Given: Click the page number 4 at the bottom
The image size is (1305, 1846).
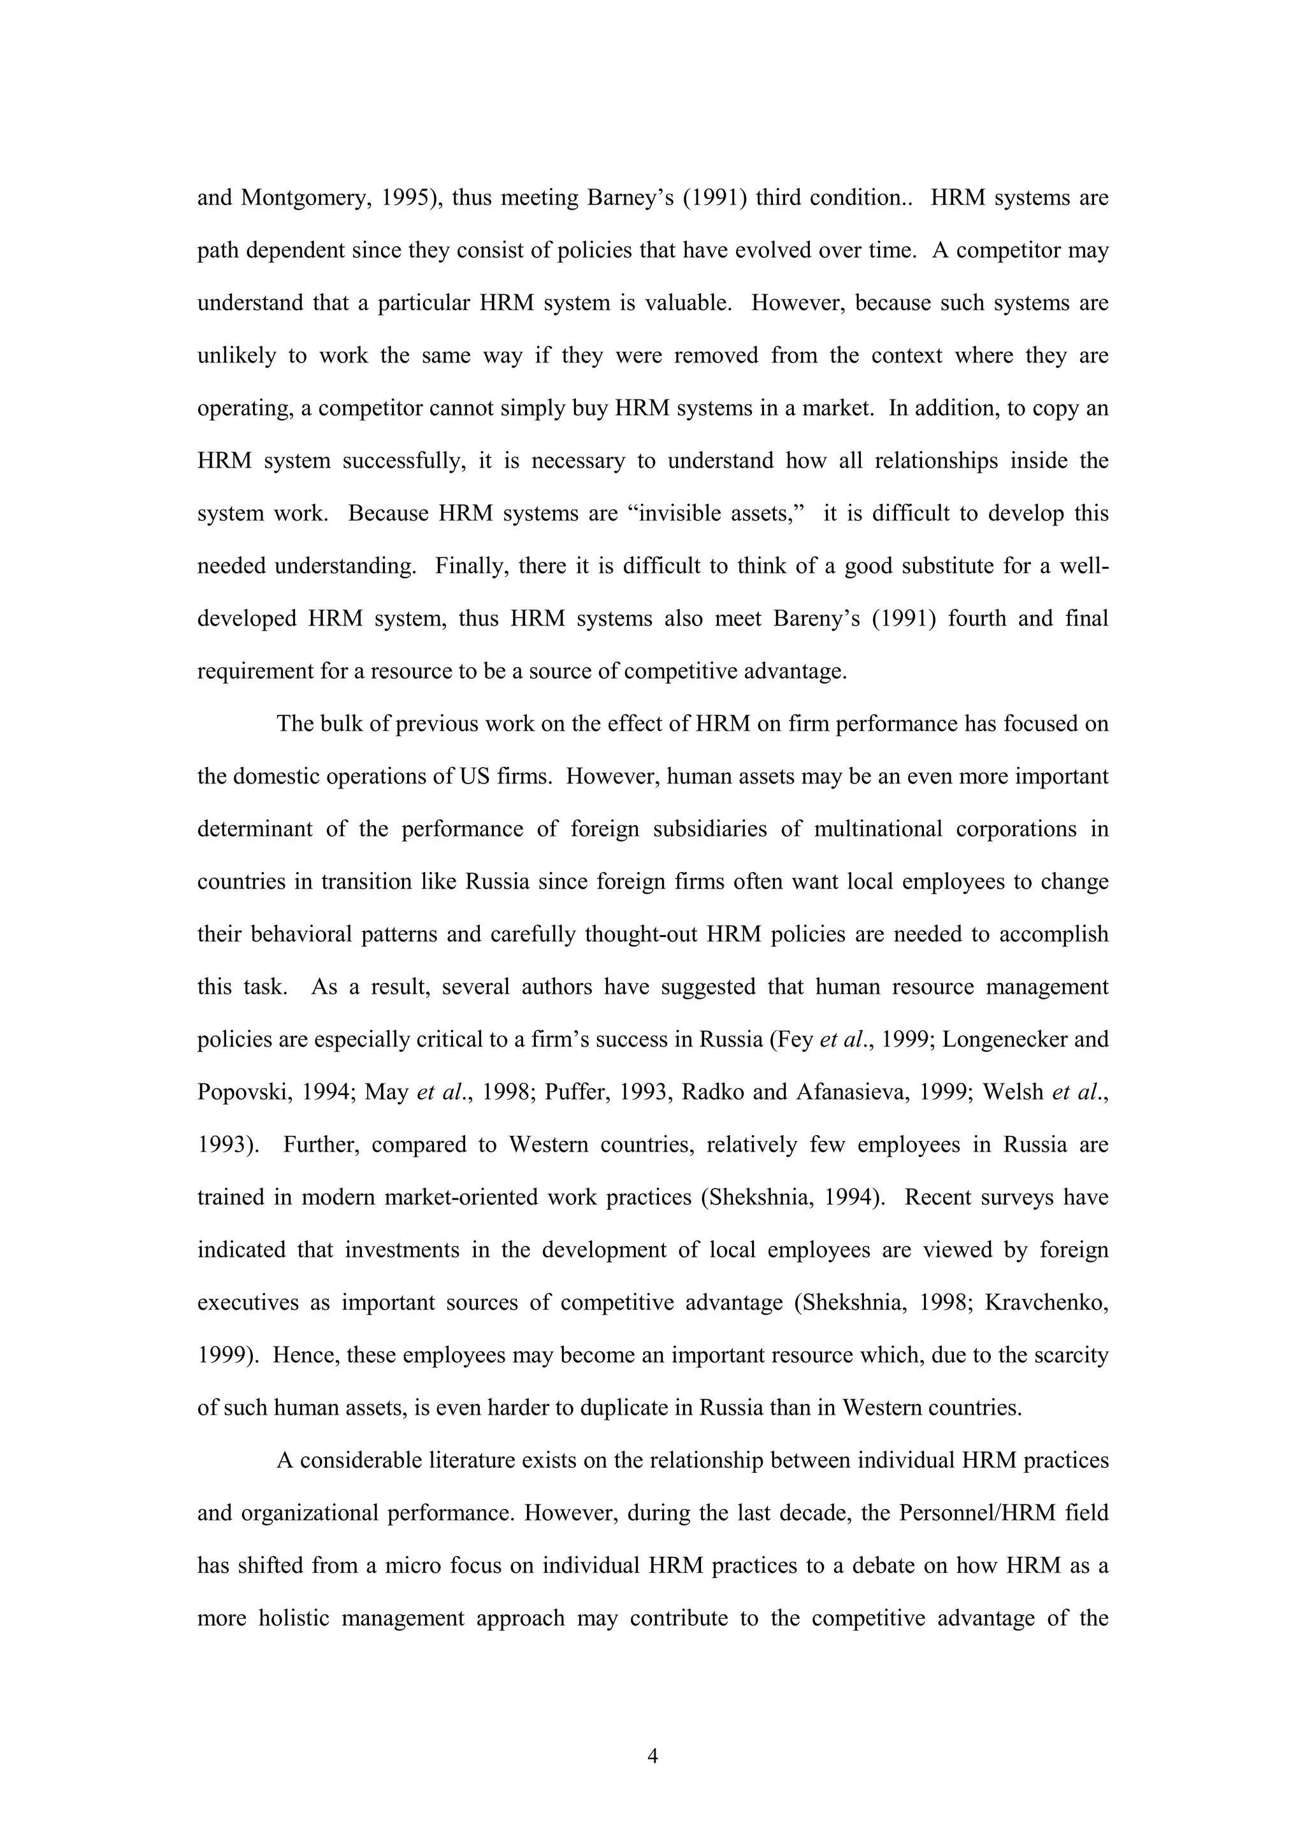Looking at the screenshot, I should click(652, 1757).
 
